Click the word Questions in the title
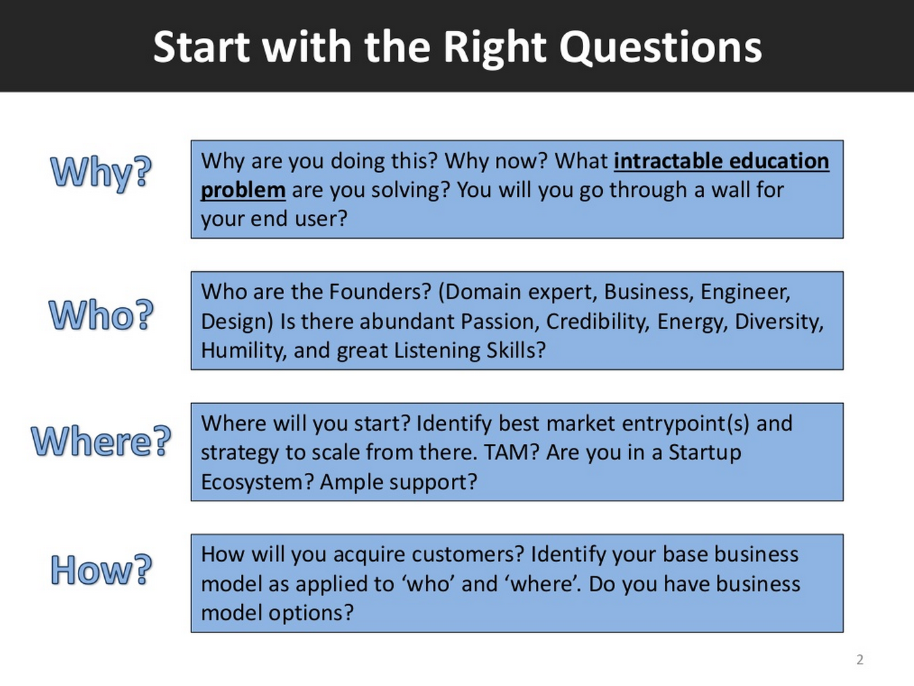click(660, 47)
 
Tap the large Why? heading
click(101, 173)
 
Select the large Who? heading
click(101, 315)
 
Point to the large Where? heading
click(101, 441)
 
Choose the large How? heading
click(101, 570)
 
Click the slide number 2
click(860, 660)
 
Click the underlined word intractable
click(668, 162)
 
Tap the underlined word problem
click(243, 191)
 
